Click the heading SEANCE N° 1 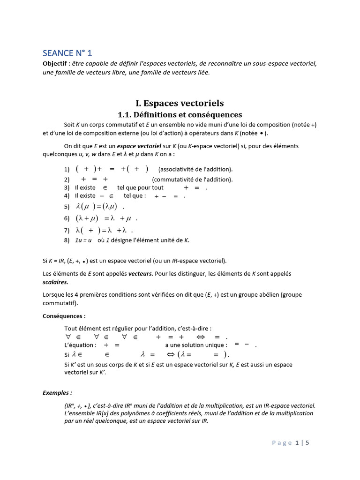pos(67,53)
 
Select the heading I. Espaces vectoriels pos(180,103)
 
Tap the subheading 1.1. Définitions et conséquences pos(180,115)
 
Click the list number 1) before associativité pos(67,170)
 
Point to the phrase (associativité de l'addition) pos(195,170)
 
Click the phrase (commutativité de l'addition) pos(192,180)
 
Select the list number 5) pos(67,207)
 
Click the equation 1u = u pos(83,240)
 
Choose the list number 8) pos(67,240)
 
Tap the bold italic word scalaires pos(55,282)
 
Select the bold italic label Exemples pos(57,393)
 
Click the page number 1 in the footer pos(297,442)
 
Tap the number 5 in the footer pos(307,442)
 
